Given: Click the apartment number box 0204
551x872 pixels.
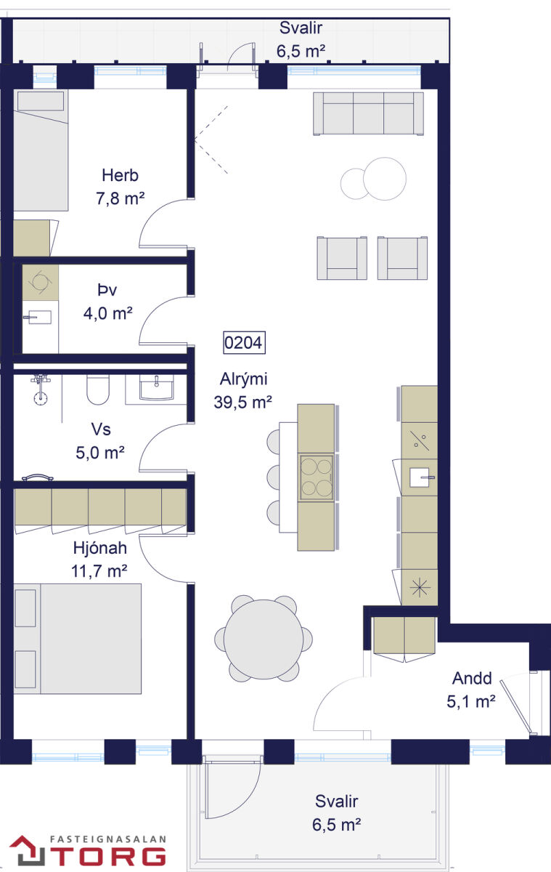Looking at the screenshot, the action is pyautogui.click(x=244, y=342).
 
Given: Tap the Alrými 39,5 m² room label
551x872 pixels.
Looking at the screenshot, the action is pyautogui.click(x=243, y=390).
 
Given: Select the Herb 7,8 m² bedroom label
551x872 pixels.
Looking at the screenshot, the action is pyautogui.click(x=121, y=187).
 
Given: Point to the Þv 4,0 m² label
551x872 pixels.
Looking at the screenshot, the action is pyautogui.click(x=107, y=302).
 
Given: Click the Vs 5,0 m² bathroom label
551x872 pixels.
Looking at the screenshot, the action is pyautogui.click(x=100, y=441).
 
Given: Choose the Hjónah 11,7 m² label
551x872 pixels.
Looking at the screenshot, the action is pyautogui.click(x=99, y=560).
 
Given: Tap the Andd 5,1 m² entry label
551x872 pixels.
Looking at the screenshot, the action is pyautogui.click(x=471, y=690).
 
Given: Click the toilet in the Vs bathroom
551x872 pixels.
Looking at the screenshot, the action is pyautogui.click(x=97, y=389).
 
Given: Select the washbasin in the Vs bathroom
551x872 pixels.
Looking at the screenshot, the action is pyautogui.click(x=156, y=388).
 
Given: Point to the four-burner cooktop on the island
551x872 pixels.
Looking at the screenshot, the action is pyautogui.click(x=316, y=477).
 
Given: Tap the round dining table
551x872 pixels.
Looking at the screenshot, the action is pyautogui.click(x=264, y=639).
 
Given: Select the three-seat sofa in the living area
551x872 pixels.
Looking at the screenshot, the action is pyautogui.click(x=368, y=113).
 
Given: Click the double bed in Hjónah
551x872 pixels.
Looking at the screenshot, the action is pyautogui.click(x=78, y=639).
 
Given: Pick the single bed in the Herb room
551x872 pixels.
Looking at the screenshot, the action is pyautogui.click(x=41, y=150).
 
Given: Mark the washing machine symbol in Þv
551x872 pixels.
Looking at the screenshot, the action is pyautogui.click(x=40, y=282).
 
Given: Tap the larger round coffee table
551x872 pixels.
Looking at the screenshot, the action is pyautogui.click(x=385, y=179).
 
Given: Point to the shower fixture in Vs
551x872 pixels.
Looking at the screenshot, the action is pyautogui.click(x=41, y=389).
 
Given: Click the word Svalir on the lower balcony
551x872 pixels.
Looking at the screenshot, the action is pyautogui.click(x=336, y=801).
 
